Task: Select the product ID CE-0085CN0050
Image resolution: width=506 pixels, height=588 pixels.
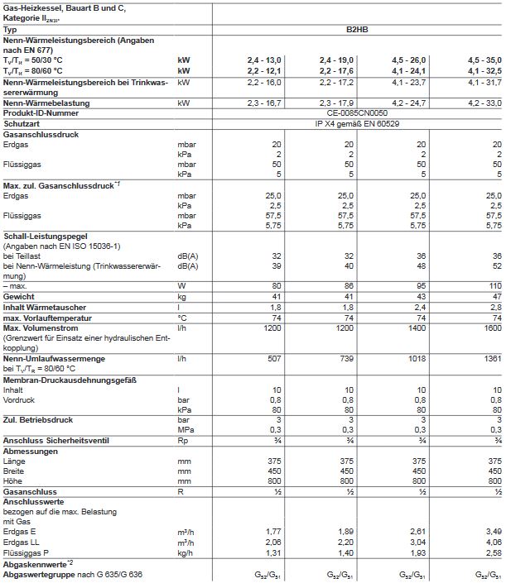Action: coord(357,112)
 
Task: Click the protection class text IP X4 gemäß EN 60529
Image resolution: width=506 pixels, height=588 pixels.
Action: coord(357,122)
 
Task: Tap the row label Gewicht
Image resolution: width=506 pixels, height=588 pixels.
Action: coord(18,295)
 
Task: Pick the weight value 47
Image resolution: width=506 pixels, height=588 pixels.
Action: coord(495,295)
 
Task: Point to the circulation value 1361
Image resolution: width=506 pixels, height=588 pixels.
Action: coord(492,360)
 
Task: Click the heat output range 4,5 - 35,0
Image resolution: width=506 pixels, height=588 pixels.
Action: coord(484,60)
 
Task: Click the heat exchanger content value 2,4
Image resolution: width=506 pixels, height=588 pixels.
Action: coord(421,306)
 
